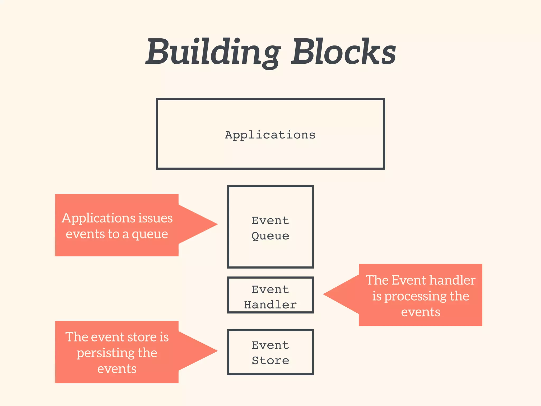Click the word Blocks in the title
343,52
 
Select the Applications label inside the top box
270,135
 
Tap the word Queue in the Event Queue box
270,236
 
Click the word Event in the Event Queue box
270,220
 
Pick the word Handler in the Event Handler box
270,305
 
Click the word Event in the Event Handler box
270,290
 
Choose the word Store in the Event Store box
270,361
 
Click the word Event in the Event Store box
270,345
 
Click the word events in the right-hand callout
421,312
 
